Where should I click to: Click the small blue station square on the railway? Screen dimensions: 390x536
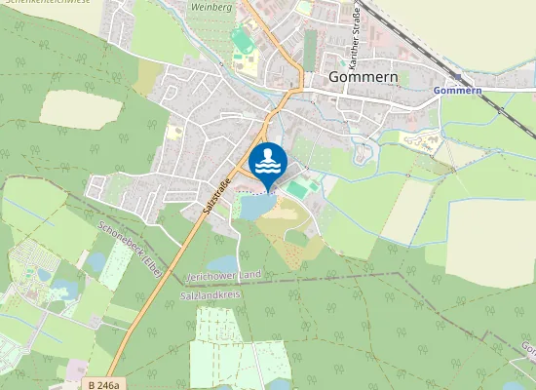456,76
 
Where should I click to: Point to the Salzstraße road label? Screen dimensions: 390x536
217,194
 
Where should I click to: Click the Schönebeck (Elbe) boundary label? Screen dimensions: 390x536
130,246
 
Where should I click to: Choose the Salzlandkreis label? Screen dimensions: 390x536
211,293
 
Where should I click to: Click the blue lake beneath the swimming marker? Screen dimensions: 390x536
253,207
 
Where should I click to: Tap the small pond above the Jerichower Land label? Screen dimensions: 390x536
221,263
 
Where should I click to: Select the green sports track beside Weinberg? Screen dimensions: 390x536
241,40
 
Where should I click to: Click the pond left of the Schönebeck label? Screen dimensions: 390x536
96,261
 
